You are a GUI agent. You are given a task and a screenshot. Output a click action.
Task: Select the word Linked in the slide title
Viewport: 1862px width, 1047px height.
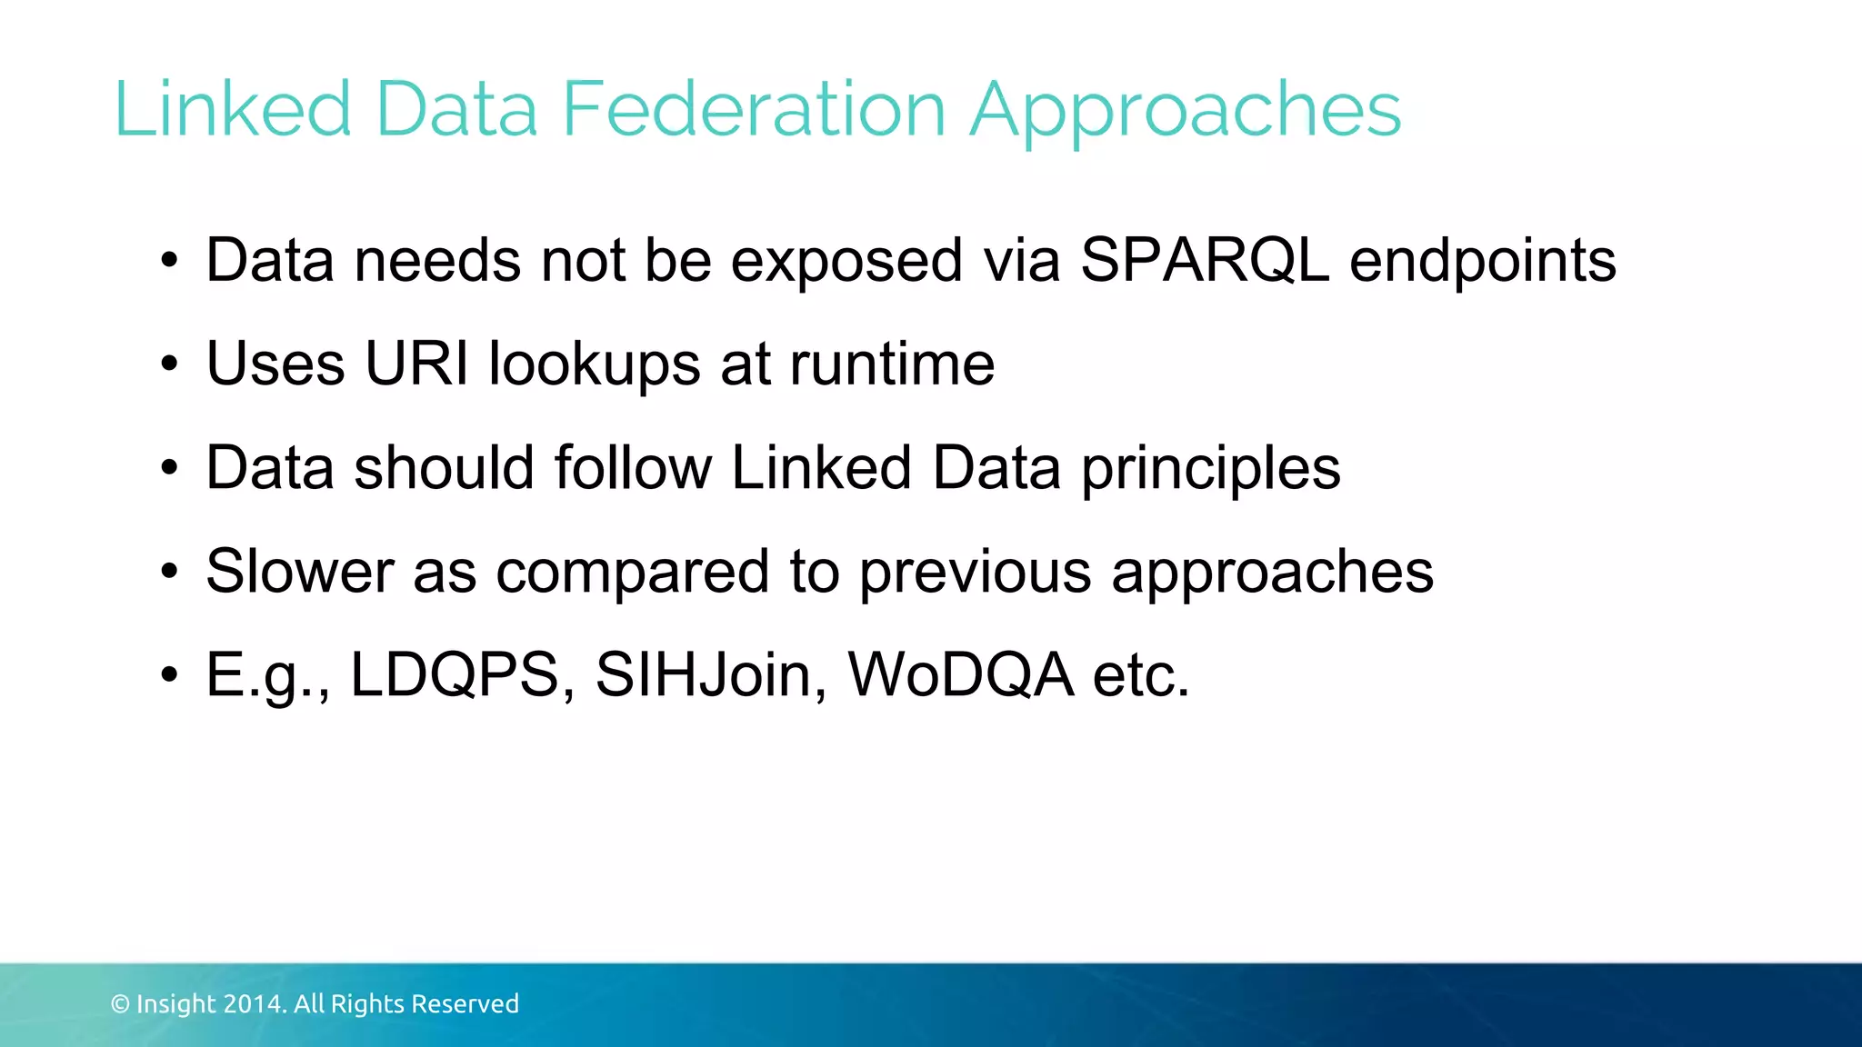click(233, 109)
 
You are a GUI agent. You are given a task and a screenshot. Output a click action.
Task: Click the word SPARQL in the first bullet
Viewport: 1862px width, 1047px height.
click(1205, 261)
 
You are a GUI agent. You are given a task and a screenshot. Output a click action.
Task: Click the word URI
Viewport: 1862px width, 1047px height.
click(417, 364)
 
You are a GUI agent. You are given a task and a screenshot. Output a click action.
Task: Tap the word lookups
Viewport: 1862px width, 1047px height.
click(595, 365)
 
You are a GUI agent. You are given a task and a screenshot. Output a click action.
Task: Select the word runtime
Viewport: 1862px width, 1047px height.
click(892, 364)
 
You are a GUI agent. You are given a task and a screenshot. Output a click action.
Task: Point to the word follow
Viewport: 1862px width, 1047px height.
click(633, 467)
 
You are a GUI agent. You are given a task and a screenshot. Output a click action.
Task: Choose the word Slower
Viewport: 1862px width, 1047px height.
click(300, 571)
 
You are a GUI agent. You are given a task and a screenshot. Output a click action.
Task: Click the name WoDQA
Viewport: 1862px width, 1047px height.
click(961, 675)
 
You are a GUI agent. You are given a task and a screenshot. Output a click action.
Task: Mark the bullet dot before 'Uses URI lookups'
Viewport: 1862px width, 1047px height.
click(169, 365)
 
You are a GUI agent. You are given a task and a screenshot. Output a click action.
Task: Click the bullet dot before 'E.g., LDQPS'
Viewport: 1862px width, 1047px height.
click(169, 676)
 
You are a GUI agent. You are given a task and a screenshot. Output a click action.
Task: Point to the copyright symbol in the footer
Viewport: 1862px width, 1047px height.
click(120, 1004)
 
